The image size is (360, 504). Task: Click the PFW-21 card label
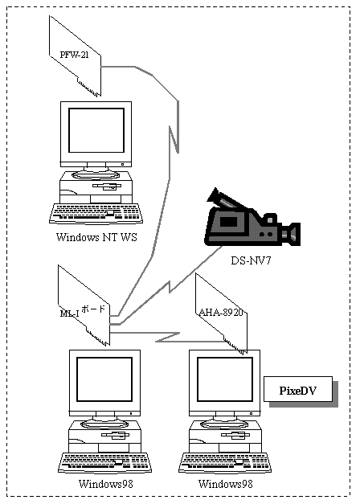click(74, 55)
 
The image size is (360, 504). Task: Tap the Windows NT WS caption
click(96, 237)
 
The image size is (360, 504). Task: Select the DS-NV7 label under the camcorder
click(251, 260)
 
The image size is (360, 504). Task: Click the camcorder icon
click(252, 218)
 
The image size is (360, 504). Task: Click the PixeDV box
click(298, 389)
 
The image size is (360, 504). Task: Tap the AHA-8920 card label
click(221, 312)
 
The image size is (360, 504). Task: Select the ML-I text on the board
click(69, 313)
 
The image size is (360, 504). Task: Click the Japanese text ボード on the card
click(93, 309)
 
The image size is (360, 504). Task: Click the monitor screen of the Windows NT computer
click(96, 130)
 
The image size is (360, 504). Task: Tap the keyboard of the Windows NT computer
click(96, 214)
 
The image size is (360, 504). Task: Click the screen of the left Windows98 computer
click(104, 379)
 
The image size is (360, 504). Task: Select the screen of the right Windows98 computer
click(225, 379)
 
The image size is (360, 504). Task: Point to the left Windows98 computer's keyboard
click(104, 462)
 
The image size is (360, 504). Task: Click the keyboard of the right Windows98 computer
click(225, 462)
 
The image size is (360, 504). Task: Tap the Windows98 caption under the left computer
click(106, 484)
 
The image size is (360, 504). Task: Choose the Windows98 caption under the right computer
click(226, 484)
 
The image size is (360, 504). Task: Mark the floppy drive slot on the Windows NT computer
click(107, 186)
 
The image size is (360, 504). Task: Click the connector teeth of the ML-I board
click(97, 337)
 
